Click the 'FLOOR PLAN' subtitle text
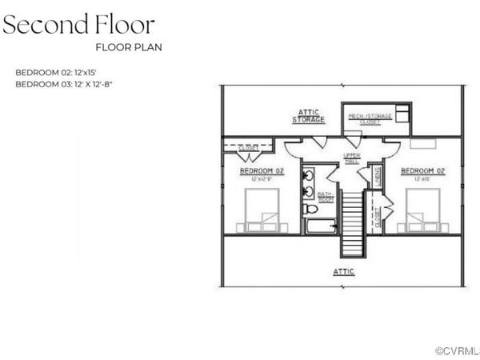click(128, 46)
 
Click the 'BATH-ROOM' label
click(325, 196)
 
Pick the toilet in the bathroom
click(310, 209)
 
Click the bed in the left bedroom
click(262, 210)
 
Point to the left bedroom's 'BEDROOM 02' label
click(262, 171)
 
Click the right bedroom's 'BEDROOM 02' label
click(422, 171)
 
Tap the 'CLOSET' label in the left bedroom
click(248, 147)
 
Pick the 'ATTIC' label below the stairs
click(344, 272)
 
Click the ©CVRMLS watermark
click(457, 350)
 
